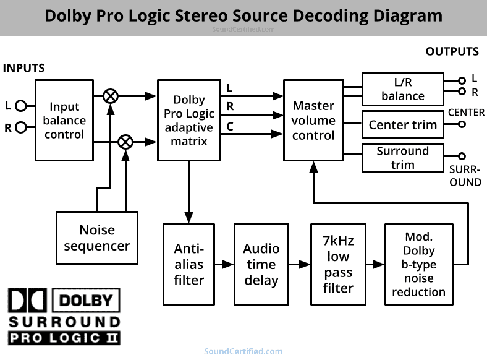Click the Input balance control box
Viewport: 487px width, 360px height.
tap(64, 120)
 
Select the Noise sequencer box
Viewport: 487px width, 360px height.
tap(96, 238)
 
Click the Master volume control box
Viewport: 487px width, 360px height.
tap(313, 120)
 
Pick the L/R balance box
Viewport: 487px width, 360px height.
tap(402, 88)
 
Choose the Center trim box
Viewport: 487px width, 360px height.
tap(402, 125)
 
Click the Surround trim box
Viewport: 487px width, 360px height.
tap(402, 158)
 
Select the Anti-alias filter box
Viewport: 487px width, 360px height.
tap(188, 264)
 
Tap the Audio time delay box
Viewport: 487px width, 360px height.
tap(261, 264)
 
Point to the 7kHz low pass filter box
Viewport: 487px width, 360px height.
tap(338, 264)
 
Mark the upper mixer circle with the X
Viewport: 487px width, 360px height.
tap(111, 96)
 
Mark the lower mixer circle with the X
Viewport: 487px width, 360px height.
tap(125, 142)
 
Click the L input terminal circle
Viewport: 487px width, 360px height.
tap(20, 106)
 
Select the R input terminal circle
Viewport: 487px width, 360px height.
tap(20, 128)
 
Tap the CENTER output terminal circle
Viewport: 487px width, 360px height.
tap(461, 124)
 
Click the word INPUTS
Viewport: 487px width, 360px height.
tap(24, 68)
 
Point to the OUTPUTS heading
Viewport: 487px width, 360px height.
tap(452, 52)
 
